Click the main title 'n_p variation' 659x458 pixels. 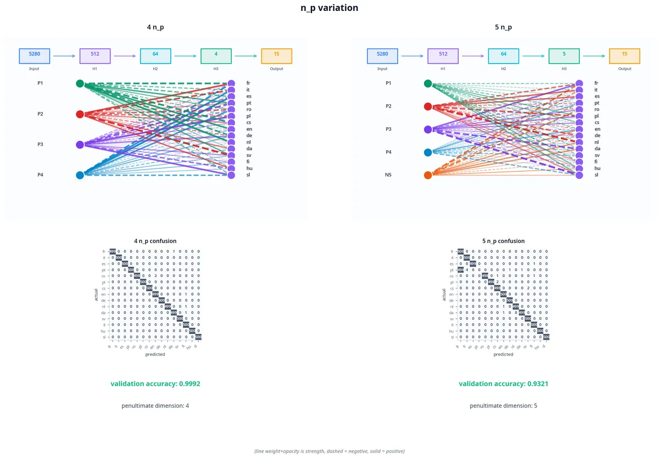[x=329, y=8]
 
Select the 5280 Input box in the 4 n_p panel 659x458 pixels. [x=35, y=55]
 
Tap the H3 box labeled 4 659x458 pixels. [x=216, y=55]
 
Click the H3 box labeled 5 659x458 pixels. [x=564, y=55]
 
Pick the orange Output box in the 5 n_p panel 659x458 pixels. [x=624, y=55]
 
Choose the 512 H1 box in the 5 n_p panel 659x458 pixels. [x=443, y=55]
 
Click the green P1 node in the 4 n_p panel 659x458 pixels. [x=80, y=83]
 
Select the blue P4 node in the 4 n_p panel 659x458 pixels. [x=80, y=175]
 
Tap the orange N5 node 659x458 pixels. [x=428, y=175]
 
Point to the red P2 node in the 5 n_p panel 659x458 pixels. [x=428, y=106]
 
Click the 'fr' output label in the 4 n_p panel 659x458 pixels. [x=249, y=83]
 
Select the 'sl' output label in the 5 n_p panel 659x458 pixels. [x=597, y=175]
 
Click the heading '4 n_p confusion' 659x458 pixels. [x=155, y=241]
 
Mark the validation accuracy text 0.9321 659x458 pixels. [x=504, y=384]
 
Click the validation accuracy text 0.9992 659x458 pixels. [x=155, y=384]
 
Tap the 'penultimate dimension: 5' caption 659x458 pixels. [x=504, y=406]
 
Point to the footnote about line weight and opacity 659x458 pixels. [x=329, y=451]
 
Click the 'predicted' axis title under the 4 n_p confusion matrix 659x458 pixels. [x=155, y=354]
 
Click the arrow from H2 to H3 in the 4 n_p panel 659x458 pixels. [x=186, y=55]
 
